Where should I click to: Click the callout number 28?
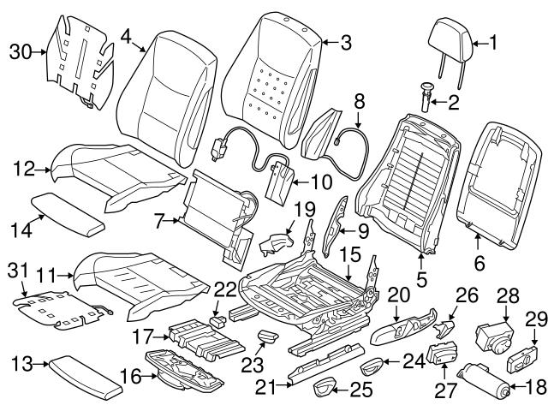[508, 295]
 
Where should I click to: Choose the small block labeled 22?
[218, 318]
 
